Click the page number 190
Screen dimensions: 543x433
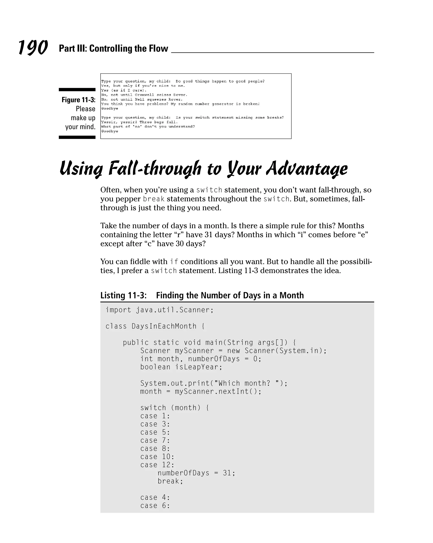coord(33,47)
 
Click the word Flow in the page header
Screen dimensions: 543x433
coord(158,48)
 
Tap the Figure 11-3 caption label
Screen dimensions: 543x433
coord(78,100)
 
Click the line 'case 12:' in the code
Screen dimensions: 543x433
coord(157,465)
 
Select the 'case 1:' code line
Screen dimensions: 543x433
coord(155,416)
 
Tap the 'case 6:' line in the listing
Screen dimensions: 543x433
coord(155,506)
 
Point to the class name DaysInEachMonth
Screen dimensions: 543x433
coord(164,326)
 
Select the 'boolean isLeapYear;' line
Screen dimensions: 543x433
coord(181,367)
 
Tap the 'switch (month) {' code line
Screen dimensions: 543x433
coord(175,408)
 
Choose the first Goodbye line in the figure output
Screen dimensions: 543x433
coord(110,109)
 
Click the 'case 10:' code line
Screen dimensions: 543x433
coord(157,457)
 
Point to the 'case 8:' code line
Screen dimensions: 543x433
coord(155,449)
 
